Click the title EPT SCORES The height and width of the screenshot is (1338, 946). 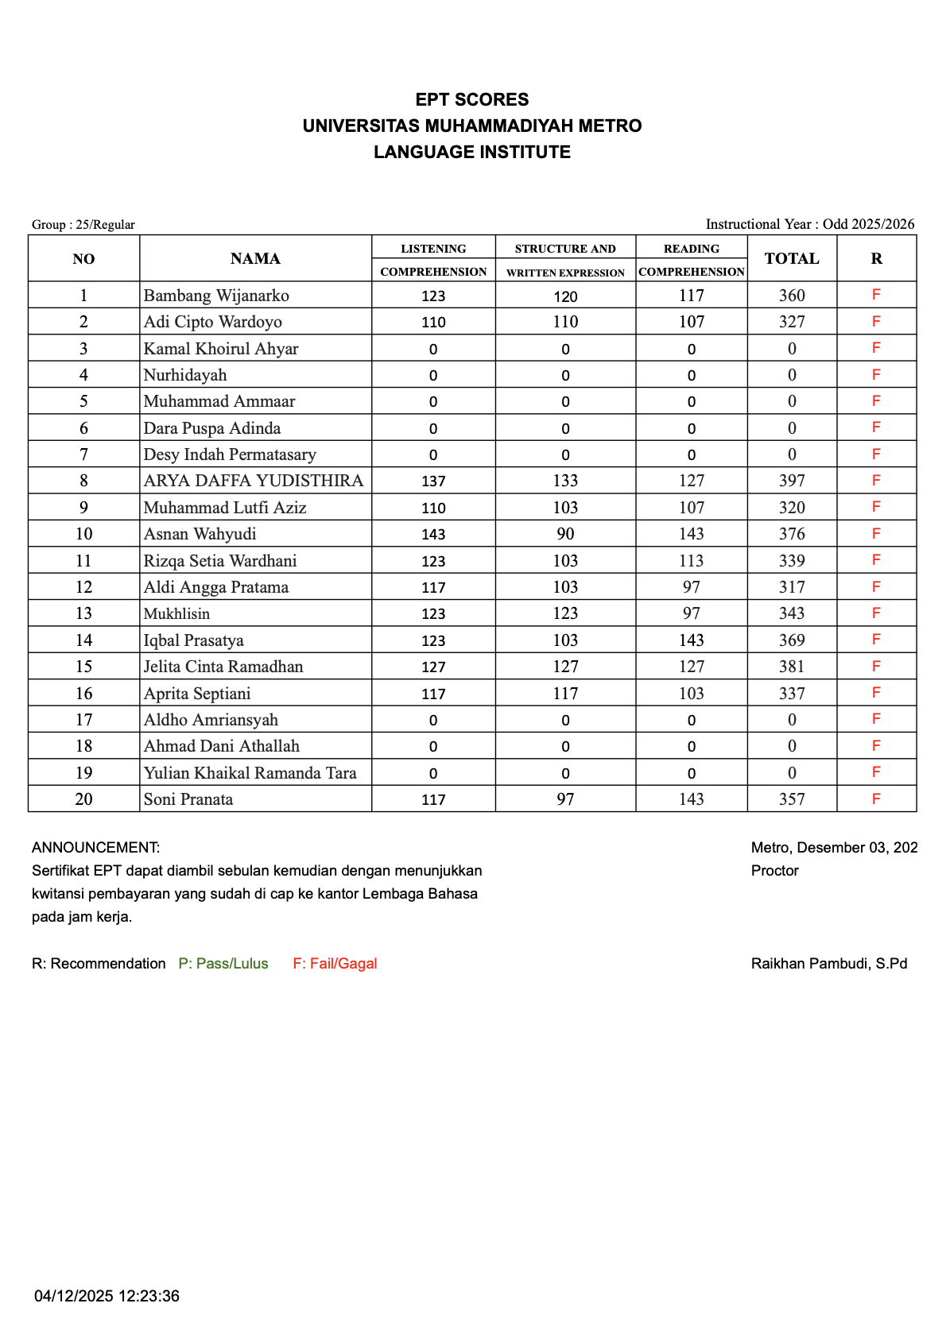[472, 100]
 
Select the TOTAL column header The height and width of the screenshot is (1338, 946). [791, 259]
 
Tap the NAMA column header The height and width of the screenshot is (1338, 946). [255, 259]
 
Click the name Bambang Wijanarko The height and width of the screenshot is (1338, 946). [216, 296]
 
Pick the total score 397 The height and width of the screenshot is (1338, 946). [792, 481]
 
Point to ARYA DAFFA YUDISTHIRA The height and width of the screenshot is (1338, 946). [254, 481]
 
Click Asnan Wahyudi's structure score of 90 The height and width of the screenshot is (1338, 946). [565, 534]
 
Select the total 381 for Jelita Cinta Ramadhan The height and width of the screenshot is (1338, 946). [792, 667]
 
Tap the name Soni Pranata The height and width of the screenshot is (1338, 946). [188, 799]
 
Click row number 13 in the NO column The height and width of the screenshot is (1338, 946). [83, 613]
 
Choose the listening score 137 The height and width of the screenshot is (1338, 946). [433, 481]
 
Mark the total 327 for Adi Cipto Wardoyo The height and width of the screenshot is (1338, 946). [792, 322]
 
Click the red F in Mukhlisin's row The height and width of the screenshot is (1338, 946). [876, 613]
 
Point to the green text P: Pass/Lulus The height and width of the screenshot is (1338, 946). [223, 964]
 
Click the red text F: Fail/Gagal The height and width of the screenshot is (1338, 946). [335, 964]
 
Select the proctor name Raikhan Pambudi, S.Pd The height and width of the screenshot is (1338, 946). [829, 964]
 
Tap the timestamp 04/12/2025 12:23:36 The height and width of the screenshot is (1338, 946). [107, 1296]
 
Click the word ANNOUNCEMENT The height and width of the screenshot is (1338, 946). [95, 848]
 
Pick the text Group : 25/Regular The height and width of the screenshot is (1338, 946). [83, 225]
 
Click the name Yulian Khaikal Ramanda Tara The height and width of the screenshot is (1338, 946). [250, 773]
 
